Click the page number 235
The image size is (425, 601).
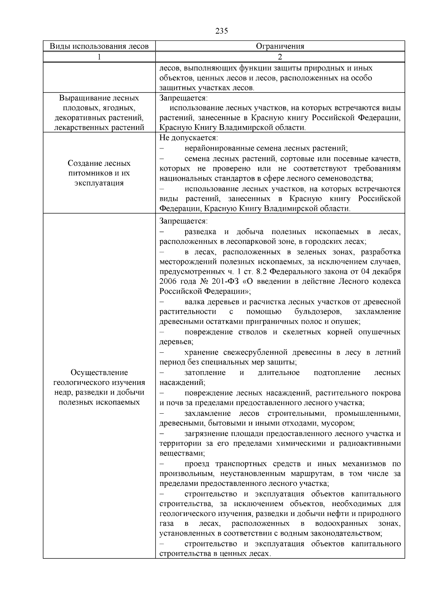point(221,31)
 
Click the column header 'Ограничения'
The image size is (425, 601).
point(280,46)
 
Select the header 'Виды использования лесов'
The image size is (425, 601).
point(99,46)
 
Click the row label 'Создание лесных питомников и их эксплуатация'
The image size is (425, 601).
point(99,173)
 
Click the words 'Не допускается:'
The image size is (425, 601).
point(188,138)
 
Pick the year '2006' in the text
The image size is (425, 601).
point(168,282)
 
